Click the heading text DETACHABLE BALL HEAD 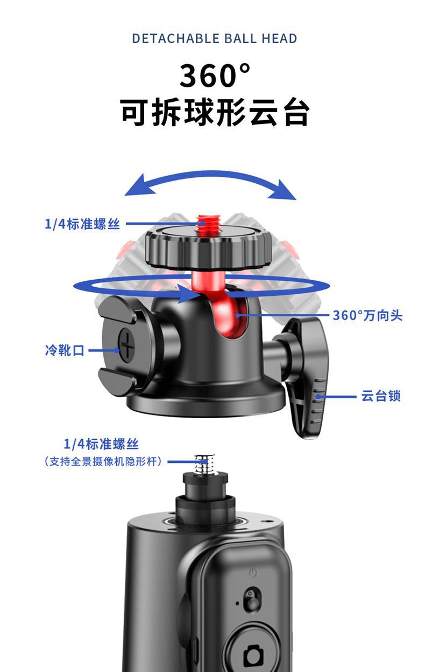point(215,39)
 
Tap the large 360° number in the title point(215,75)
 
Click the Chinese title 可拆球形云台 point(215,112)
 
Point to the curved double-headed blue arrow point(210,176)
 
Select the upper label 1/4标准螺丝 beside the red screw point(82,224)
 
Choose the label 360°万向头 point(367,315)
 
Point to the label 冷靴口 point(65,350)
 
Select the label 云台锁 point(381,396)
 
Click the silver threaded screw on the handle point(206,465)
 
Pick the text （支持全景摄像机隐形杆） point(103,461)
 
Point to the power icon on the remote point(253,573)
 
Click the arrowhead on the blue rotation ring point(189,293)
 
